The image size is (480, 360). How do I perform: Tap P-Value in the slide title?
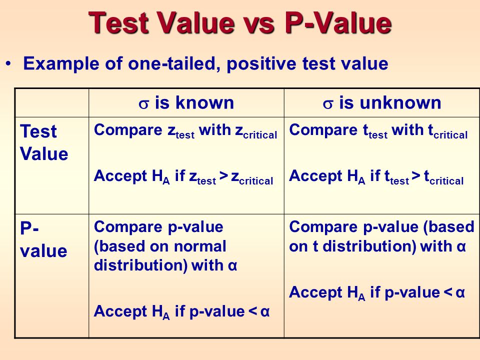tap(338, 22)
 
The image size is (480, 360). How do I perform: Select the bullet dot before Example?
tap(8, 63)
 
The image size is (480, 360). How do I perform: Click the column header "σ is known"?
tap(186, 103)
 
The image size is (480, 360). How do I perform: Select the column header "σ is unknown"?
tap(382, 103)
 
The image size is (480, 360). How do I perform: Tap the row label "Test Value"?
tap(44, 142)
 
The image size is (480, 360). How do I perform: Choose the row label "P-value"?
tap(43, 239)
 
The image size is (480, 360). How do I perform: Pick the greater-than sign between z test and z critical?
tap(224, 175)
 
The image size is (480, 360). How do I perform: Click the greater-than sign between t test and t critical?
tap(416, 175)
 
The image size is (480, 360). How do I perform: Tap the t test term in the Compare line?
tap(375, 131)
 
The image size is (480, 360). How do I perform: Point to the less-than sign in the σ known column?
tap(252, 311)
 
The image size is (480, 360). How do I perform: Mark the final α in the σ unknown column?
tap(460, 292)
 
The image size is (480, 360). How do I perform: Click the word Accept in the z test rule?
tap(120, 176)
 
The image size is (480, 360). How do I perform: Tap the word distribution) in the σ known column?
tap(140, 265)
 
